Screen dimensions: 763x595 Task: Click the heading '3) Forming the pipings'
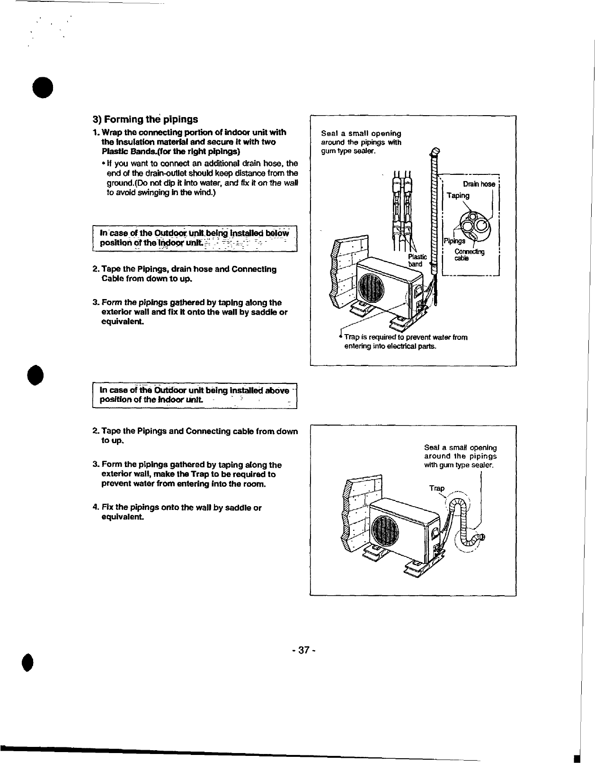tap(145, 119)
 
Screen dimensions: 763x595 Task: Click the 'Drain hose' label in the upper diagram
tap(479, 184)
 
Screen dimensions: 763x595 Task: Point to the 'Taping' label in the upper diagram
tap(458, 195)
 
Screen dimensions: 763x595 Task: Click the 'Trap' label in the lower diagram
tap(436, 488)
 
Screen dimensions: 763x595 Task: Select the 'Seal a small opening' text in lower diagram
tap(460, 456)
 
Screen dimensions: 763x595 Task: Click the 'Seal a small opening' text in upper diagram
tap(361, 142)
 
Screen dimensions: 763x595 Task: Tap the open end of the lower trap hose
tap(482, 536)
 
